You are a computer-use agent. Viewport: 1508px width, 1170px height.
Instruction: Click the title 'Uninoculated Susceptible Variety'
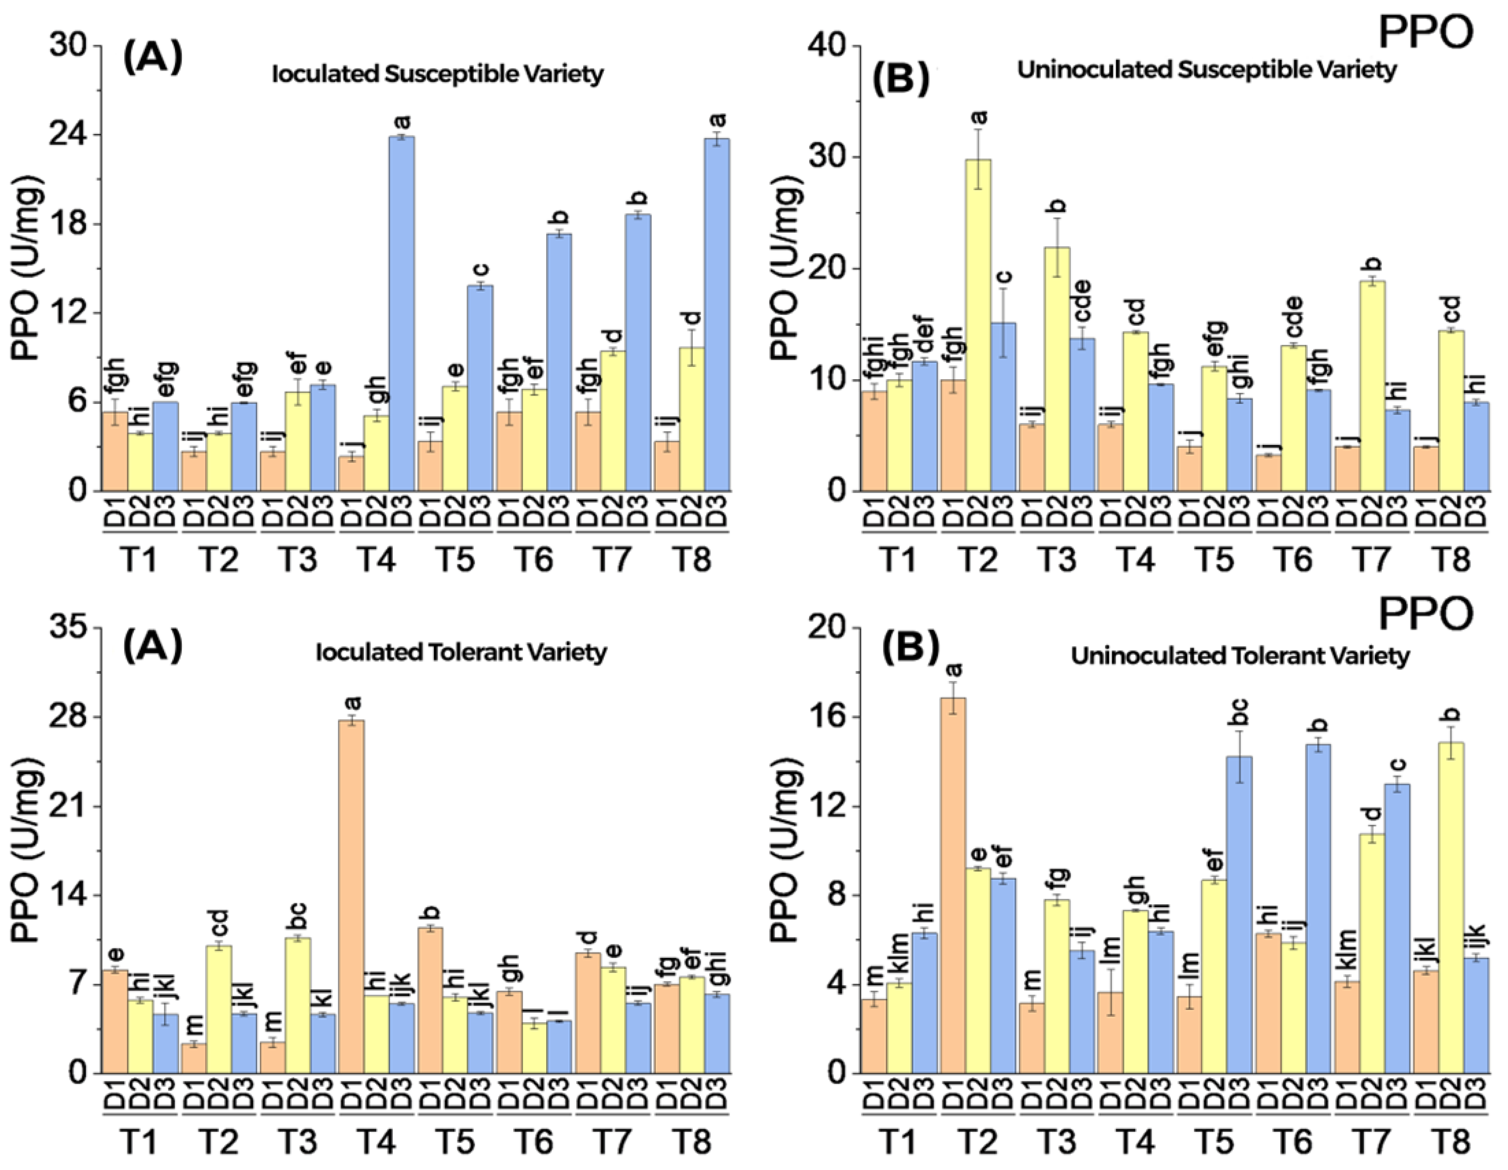pyautogui.click(x=1207, y=70)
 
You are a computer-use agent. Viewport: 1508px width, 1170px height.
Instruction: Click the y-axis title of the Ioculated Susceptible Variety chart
pyautogui.click(x=28, y=268)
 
